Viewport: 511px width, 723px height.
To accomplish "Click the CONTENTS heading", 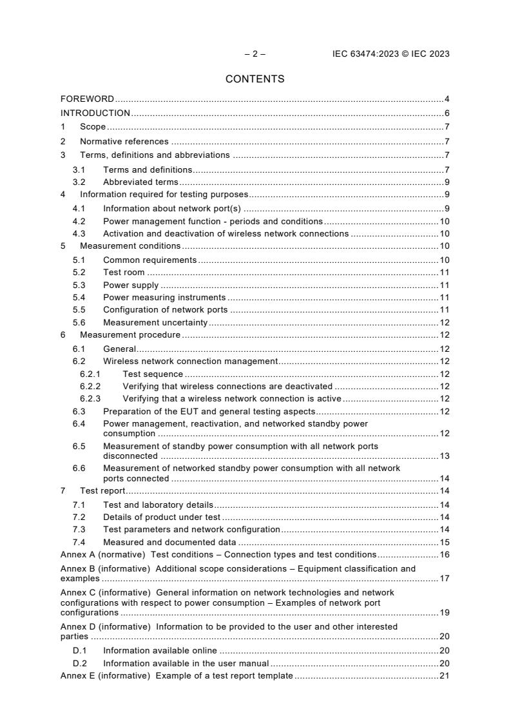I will point(255,79).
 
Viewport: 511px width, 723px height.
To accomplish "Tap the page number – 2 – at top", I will point(255,54).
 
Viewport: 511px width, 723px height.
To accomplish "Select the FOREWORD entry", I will point(87,99).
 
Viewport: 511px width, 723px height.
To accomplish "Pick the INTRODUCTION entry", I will point(95,113).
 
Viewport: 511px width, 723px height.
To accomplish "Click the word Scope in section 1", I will point(93,128).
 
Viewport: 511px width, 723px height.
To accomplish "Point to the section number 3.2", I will point(79,182).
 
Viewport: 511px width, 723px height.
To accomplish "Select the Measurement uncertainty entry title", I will point(155,322).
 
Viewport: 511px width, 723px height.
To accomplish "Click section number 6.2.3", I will point(91,398).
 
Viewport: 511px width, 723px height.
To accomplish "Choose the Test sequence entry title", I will point(153,374).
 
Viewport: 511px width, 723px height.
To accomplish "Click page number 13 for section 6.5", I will point(444,456).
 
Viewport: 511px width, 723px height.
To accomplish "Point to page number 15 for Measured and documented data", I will point(444,542).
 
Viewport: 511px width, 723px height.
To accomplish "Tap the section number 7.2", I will point(79,517).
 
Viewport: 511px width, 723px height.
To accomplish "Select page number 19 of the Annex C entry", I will point(444,612).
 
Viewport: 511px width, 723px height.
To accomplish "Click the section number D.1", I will point(79,651).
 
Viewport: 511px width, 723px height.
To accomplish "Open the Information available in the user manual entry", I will point(186,663).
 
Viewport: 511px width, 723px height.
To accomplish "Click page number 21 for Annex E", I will point(444,675).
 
